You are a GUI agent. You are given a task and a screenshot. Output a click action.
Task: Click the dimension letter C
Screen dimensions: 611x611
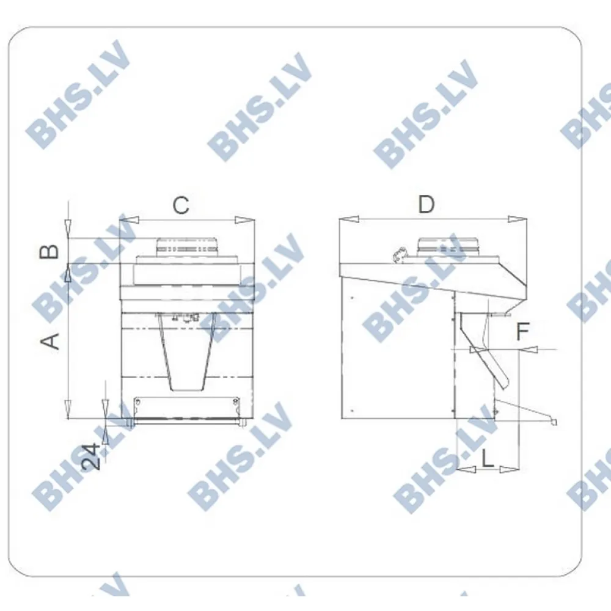click(x=181, y=205)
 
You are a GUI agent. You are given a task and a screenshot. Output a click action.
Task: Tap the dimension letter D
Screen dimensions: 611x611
click(x=426, y=204)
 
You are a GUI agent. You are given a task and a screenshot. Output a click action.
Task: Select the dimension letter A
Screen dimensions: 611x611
click(x=50, y=342)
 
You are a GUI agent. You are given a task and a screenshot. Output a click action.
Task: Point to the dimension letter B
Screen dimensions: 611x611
click(x=49, y=252)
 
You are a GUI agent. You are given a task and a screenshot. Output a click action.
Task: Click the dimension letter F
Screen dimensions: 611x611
click(x=522, y=331)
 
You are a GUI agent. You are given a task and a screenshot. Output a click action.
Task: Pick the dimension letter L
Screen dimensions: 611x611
click(x=488, y=458)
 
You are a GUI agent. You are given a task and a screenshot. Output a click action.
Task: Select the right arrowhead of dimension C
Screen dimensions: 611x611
click(x=244, y=220)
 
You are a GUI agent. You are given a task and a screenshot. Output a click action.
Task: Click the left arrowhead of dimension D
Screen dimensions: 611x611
click(x=349, y=219)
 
